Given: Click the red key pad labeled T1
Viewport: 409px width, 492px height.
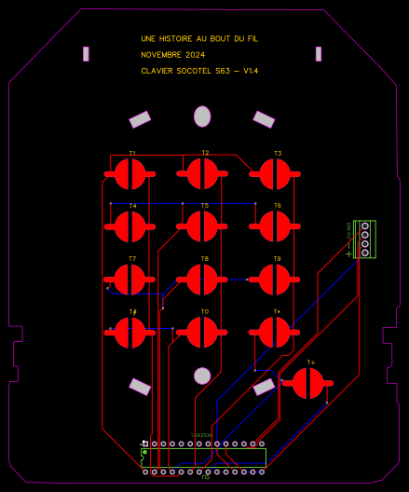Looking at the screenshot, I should (130, 172).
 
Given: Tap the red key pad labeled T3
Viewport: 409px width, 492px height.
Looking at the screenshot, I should (275, 172).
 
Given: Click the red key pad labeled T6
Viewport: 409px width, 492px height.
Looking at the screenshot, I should (275, 225).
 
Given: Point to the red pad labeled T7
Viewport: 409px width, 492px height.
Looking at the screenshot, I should (130, 279).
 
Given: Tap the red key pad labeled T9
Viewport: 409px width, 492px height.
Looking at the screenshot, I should (275, 279).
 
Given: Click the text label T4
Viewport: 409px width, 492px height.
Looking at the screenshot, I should (133, 205).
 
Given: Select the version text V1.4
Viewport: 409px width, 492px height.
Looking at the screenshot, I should (251, 71).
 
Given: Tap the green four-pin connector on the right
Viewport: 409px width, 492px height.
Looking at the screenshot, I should (365, 239).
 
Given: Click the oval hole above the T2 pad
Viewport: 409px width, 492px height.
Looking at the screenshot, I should (202, 116).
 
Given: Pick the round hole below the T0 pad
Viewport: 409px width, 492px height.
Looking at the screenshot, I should (202, 376).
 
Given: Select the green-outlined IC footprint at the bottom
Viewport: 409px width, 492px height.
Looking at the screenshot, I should (203, 457).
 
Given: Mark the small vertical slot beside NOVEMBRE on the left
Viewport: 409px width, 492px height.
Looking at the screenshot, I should (86, 54).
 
